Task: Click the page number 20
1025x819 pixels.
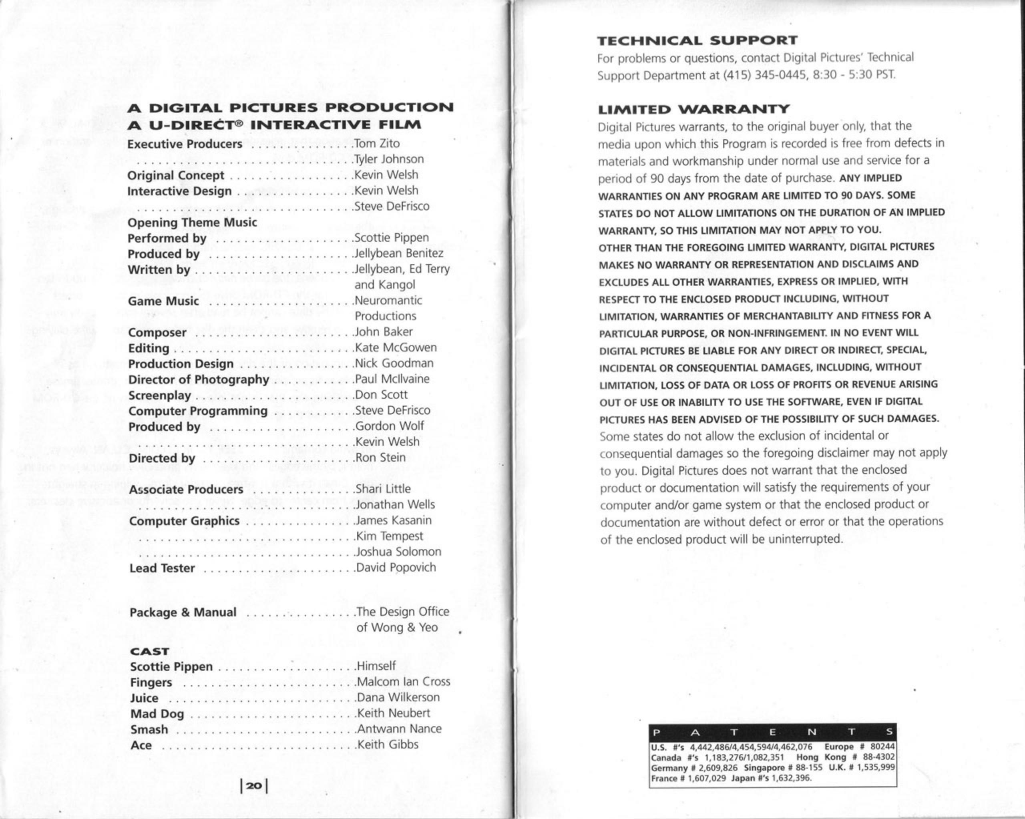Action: [254, 785]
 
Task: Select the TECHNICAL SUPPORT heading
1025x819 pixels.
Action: [697, 40]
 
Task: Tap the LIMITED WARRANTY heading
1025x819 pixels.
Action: [693, 109]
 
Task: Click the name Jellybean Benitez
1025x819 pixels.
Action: [399, 253]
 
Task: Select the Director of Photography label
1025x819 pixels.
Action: [199, 379]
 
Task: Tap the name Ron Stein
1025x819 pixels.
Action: [381, 457]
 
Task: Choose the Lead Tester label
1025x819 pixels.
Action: [162, 568]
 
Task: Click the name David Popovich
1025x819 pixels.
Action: [396, 567]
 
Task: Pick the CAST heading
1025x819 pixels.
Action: [150, 651]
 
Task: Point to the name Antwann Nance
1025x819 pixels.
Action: [399, 729]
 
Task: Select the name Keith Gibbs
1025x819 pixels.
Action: [388, 745]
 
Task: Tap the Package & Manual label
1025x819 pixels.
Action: [183, 612]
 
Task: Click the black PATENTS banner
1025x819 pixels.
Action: [772, 733]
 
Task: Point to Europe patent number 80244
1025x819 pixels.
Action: [882, 747]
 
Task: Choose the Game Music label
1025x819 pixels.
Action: [163, 301]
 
